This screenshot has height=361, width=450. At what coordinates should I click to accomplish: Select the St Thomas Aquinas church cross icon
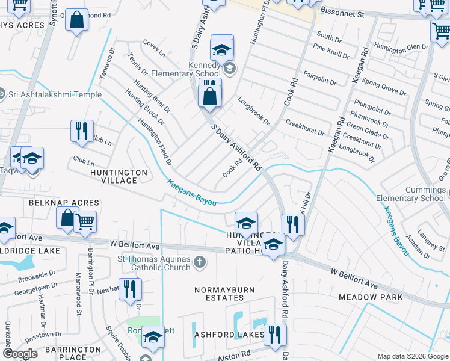200,262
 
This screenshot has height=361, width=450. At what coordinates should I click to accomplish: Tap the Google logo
20,354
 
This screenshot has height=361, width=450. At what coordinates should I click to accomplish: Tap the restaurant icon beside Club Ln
81,131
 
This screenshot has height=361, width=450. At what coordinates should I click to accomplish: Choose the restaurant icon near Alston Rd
275,335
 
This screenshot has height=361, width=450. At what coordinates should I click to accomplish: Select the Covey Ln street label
154,48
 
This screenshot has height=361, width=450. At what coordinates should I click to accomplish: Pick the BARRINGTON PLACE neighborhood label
77,353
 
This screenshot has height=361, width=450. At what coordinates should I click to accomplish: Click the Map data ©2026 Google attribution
412,356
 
